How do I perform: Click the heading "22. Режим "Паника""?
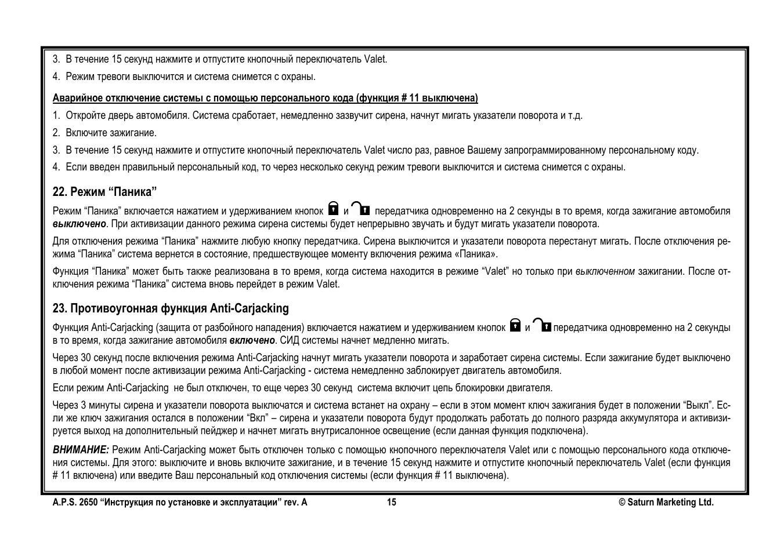[104, 192]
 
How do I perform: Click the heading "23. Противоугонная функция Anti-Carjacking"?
[171, 308]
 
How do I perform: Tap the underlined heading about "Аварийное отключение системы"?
[265, 98]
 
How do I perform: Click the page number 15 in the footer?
[392, 503]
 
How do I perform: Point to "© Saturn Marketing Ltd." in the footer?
[666, 503]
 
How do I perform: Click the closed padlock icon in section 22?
[334, 208]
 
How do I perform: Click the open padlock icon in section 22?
[362, 208]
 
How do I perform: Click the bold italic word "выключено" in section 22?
[79, 224]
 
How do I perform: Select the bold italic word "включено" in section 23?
[251, 340]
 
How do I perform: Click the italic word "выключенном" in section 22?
[605, 271]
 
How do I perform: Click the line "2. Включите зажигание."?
[104, 133]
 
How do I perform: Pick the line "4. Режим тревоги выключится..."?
[184, 77]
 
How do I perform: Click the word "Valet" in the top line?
[375, 59]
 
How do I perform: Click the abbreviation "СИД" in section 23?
[290, 340]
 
